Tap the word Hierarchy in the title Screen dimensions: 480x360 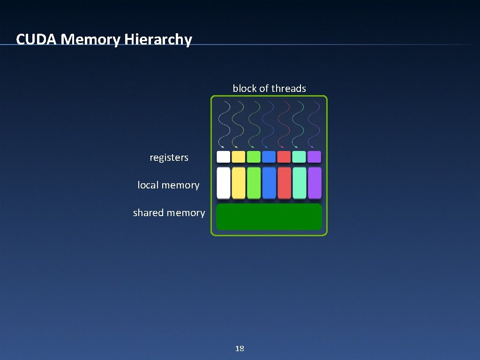point(158,40)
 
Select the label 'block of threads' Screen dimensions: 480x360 point(269,88)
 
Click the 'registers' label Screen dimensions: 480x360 point(169,157)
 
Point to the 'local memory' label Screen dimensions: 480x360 point(168,185)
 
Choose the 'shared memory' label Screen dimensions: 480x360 point(169,213)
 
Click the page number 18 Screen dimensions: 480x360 point(240,348)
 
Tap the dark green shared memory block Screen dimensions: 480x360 point(269,217)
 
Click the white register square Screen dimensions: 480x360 point(224,157)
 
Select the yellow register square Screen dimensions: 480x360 point(239,157)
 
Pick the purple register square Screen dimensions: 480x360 point(315,157)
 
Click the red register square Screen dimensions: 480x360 point(284,157)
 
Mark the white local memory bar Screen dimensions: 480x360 point(224,182)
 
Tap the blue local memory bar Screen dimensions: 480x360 point(269,182)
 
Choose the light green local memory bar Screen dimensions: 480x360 point(254,182)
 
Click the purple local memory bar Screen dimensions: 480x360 point(315,182)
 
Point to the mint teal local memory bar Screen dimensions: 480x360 point(299,182)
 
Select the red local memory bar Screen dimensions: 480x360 point(284,182)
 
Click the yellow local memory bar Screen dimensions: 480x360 point(239,182)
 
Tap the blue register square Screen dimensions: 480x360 point(269,157)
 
